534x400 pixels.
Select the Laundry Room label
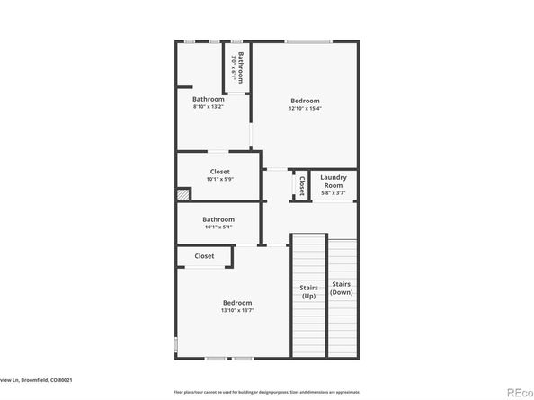click(334, 182)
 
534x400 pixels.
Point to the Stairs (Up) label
click(308, 291)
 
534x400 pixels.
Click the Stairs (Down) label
click(341, 288)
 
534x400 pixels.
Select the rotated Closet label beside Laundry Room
click(302, 185)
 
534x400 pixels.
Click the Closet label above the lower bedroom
click(204, 256)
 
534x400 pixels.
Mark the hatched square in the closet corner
click(183, 193)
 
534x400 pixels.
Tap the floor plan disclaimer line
click(267, 392)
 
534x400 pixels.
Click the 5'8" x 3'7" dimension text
click(334, 192)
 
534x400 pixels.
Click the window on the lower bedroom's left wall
click(175, 345)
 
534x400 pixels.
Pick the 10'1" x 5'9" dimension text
click(219, 180)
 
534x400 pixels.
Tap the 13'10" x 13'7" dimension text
click(237, 311)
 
